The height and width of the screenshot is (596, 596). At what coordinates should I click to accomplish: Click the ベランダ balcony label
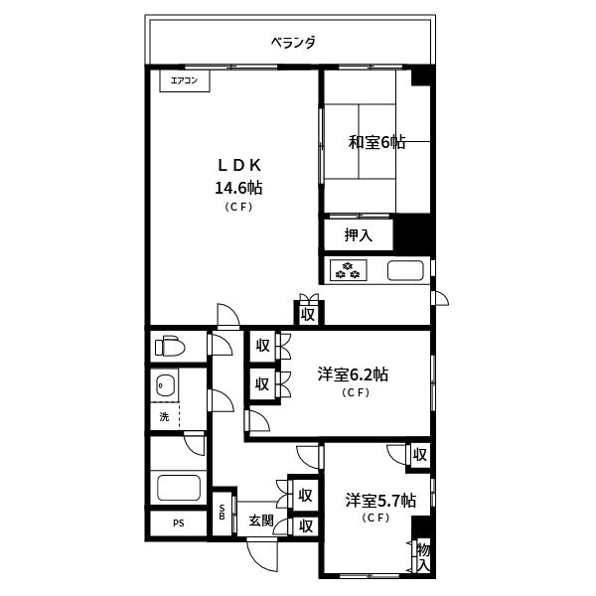click(293, 42)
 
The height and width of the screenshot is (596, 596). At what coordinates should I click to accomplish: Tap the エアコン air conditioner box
click(185, 80)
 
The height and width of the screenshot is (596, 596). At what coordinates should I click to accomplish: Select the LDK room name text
click(239, 165)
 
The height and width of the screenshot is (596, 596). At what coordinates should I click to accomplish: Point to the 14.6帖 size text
click(238, 188)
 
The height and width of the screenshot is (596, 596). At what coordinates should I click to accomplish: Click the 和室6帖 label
click(376, 142)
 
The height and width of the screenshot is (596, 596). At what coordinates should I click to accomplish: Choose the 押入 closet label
click(358, 234)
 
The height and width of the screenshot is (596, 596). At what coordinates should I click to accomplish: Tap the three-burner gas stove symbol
click(349, 270)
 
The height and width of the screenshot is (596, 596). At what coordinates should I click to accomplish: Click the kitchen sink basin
click(405, 270)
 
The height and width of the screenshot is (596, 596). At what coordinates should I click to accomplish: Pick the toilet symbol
click(170, 346)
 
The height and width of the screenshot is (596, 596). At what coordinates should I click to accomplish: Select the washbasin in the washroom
click(165, 385)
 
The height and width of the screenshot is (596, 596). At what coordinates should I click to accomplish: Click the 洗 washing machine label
click(164, 416)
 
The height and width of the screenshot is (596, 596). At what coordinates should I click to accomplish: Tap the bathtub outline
click(179, 488)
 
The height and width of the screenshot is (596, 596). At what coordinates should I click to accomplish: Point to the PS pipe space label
click(179, 523)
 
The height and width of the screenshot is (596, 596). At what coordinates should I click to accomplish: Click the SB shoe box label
click(222, 512)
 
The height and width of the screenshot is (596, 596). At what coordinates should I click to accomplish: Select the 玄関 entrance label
click(261, 521)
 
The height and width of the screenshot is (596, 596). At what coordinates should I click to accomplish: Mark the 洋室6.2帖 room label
click(353, 374)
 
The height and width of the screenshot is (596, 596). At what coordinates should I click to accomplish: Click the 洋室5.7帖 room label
click(380, 501)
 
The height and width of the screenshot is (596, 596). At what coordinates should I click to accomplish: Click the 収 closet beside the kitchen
click(308, 315)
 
